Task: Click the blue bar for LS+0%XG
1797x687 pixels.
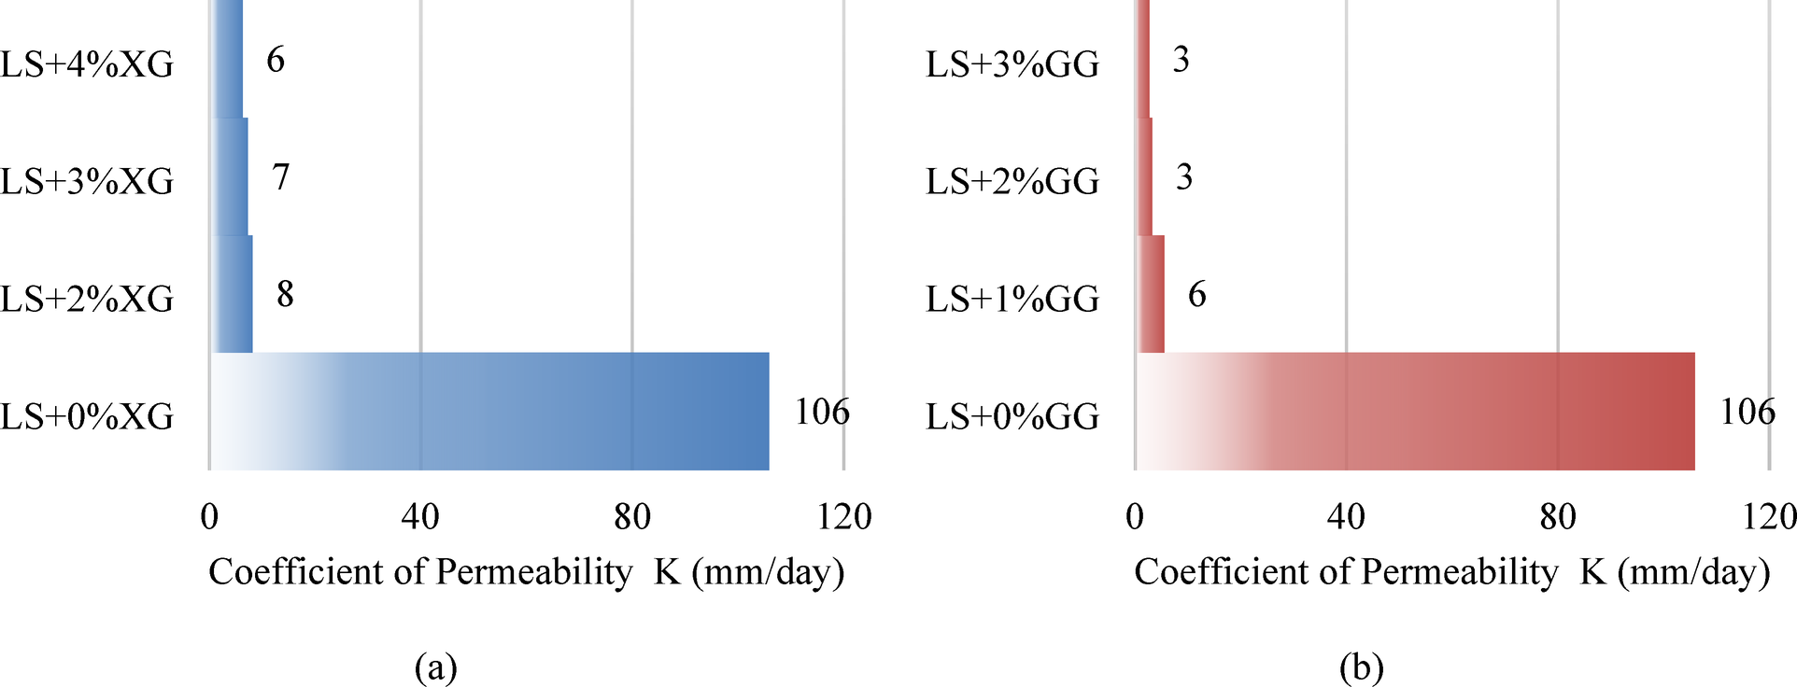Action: [x=489, y=412]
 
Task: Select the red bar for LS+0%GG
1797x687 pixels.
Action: [x=1415, y=412]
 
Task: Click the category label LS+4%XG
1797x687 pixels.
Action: [x=87, y=64]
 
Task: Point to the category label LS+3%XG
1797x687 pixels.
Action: [x=87, y=181]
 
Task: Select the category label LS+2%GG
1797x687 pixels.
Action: [x=1012, y=181]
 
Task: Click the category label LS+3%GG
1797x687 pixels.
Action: [x=1012, y=64]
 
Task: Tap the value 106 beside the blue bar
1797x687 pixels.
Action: [x=822, y=412]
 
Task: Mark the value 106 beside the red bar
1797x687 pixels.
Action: [x=1747, y=412]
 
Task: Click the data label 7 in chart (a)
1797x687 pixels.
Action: [x=281, y=176]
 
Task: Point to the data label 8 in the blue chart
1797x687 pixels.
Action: [x=285, y=294]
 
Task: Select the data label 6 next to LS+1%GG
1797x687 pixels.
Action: [x=1196, y=294]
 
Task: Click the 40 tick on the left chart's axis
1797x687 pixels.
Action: [x=420, y=516]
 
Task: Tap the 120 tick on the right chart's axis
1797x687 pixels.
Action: [x=1769, y=516]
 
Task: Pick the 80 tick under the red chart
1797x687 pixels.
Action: [x=1558, y=516]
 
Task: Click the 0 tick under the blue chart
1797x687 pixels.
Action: [x=209, y=516]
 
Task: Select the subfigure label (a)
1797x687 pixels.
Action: [x=435, y=666]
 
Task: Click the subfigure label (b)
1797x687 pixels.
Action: [x=1361, y=666]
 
